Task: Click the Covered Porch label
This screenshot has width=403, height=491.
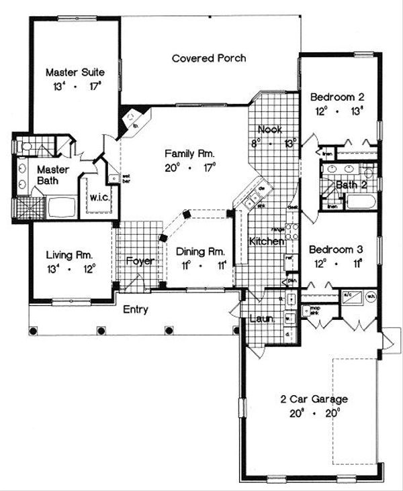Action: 208,58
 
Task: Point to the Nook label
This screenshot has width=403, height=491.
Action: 270,129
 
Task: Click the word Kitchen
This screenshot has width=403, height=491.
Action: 267,241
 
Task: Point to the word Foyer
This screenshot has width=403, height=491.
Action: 140,261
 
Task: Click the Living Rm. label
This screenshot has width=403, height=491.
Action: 69,255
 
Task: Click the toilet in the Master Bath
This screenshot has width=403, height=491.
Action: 27,146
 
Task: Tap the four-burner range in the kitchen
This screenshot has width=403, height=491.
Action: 292,232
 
